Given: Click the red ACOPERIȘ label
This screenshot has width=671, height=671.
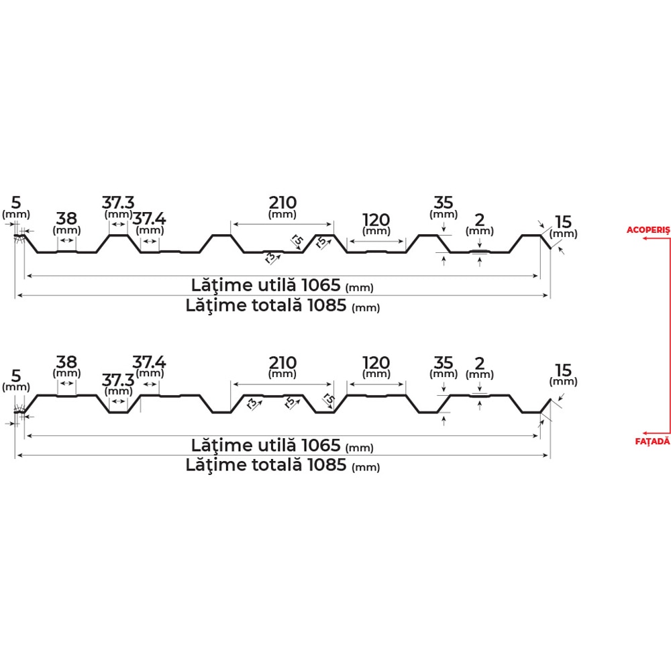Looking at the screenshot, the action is tap(648, 230).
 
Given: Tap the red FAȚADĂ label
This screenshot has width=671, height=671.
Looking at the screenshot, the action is tap(652, 441).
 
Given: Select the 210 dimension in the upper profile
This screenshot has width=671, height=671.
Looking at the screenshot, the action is tap(282, 203).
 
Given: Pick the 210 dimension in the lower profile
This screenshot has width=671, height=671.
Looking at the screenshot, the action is tap(282, 363).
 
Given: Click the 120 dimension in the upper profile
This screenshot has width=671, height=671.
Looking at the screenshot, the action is tap(376, 220).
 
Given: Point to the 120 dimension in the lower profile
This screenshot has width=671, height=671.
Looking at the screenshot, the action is tap(376, 363).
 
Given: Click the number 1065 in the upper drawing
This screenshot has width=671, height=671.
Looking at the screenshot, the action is tap(321, 285).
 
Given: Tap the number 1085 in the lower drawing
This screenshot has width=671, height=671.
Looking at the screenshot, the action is tap(327, 465).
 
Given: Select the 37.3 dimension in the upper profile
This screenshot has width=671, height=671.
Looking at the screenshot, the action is tap(117, 203).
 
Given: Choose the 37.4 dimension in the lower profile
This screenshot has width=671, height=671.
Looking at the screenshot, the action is tap(149, 362).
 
